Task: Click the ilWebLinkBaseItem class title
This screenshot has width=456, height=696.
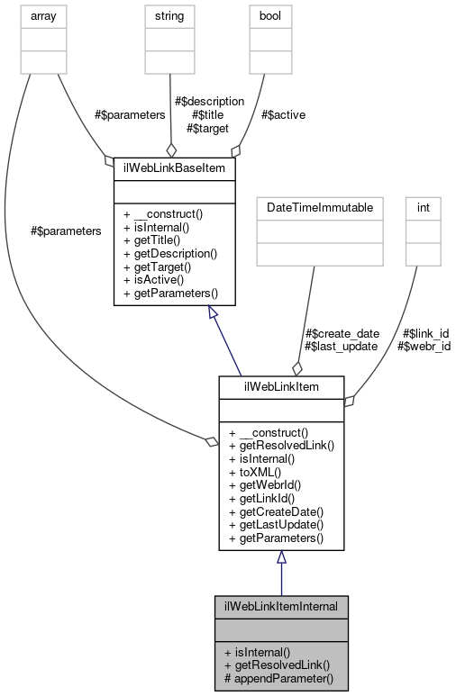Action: [175, 168]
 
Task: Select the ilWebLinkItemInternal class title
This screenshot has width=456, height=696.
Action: [280, 606]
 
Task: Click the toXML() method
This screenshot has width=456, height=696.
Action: [255, 470]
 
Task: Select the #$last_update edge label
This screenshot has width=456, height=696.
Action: [341, 346]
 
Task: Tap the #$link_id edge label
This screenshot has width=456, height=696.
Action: [425, 333]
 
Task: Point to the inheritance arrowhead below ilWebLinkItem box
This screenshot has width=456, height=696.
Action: [281, 557]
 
